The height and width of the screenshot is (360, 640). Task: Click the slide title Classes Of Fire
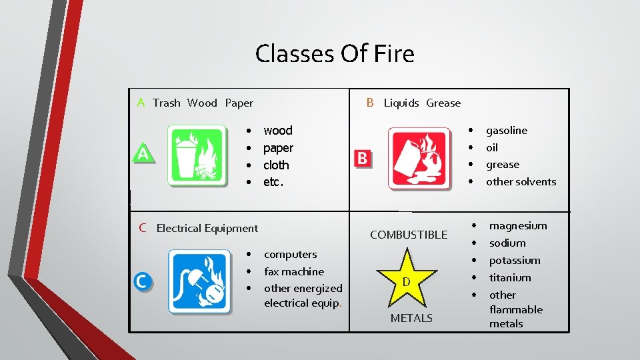click(334, 53)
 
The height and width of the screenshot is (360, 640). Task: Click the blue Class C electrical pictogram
click(199, 281)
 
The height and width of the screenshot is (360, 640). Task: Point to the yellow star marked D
click(406, 278)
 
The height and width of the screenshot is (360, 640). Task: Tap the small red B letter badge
click(362, 158)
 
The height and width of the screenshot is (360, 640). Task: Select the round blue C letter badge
click(142, 281)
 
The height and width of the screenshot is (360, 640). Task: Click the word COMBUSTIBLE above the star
click(409, 235)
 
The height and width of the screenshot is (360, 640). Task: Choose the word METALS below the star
click(411, 318)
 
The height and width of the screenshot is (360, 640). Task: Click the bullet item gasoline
click(506, 131)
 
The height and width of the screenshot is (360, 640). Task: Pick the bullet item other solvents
click(521, 182)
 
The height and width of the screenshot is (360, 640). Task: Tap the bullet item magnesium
click(518, 226)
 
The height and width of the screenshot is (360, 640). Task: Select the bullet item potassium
click(515, 261)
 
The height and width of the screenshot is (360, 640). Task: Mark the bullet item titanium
click(510, 278)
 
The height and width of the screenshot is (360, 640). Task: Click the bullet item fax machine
click(293, 271)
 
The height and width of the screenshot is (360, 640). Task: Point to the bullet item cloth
click(276, 165)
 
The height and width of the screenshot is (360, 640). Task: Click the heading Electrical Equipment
click(207, 229)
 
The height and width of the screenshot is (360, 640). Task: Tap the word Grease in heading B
click(443, 103)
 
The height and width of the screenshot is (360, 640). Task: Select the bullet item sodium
click(507, 243)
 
